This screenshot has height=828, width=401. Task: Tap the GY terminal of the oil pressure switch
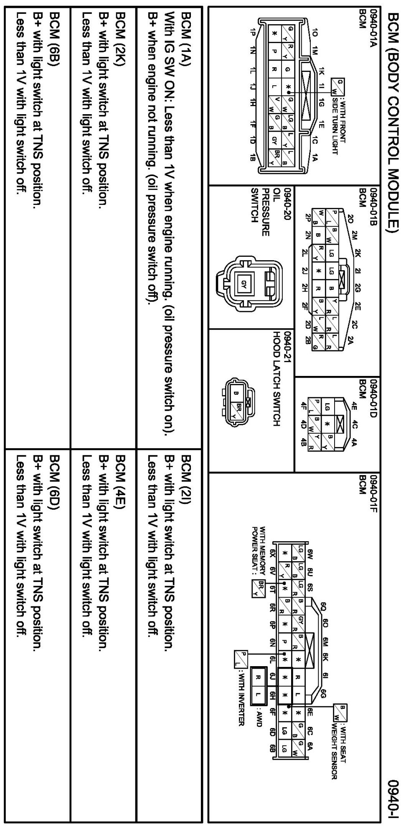pos(242,283)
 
